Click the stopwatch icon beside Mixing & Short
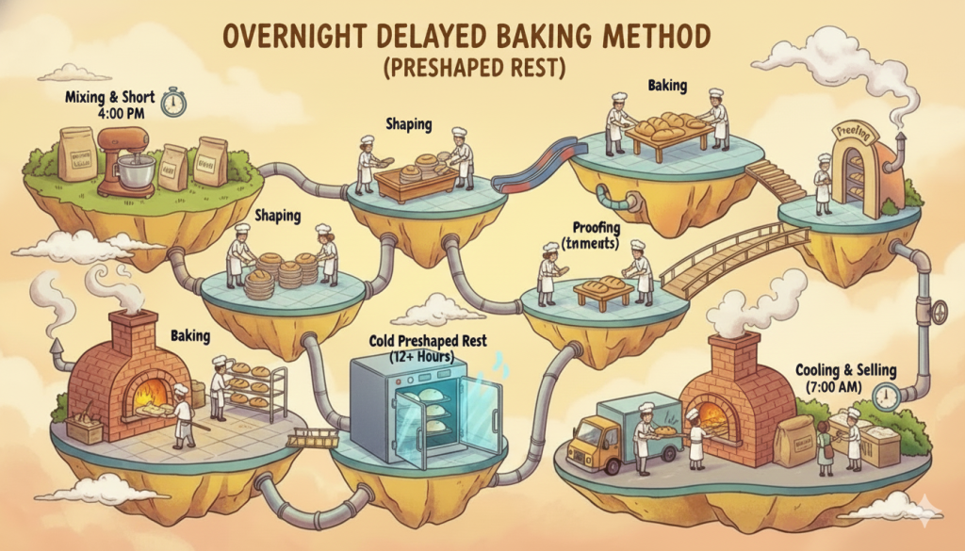click(x=173, y=102)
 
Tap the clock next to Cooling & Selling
click(x=885, y=397)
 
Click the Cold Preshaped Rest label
click(x=429, y=340)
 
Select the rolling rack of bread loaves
click(x=255, y=388)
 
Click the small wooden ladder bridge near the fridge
click(x=314, y=437)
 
